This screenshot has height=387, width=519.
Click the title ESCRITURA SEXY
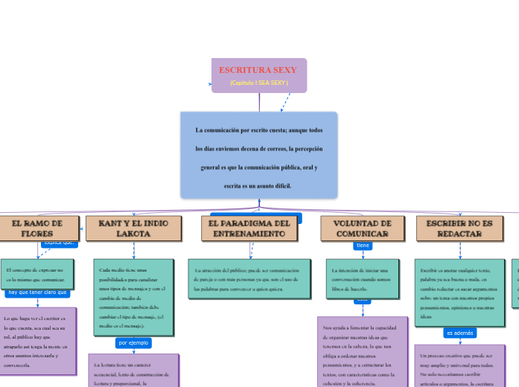[258, 70]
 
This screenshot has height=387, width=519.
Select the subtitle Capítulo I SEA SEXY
[258, 83]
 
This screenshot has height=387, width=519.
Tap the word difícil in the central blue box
[281, 185]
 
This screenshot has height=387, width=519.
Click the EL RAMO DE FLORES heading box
[37, 228]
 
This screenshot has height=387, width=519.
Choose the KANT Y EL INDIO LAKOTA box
[133, 228]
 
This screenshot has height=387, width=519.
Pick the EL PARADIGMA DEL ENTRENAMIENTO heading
[249, 228]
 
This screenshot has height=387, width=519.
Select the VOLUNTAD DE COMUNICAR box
[363, 228]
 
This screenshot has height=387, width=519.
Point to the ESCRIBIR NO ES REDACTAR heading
[459, 228]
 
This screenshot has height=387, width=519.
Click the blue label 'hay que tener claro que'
[38, 292]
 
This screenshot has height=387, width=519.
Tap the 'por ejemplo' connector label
[134, 343]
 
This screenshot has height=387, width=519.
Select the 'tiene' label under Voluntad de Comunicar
[363, 246]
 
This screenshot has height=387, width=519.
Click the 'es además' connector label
[459, 333]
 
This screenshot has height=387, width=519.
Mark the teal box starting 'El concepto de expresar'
[37, 275]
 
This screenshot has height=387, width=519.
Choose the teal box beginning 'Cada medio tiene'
[133, 297]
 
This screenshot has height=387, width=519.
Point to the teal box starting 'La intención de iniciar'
[363, 275]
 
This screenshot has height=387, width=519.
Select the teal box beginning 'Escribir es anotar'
[459, 292]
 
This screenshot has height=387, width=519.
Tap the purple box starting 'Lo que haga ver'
[38, 341]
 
